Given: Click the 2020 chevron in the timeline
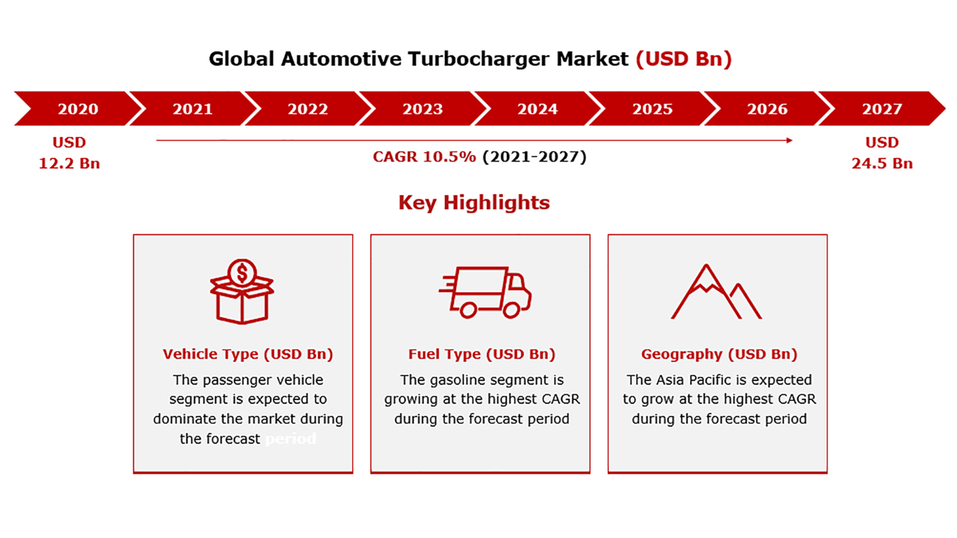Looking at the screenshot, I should pyautogui.click(x=77, y=108).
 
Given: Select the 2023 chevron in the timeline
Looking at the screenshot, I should pyautogui.click(x=422, y=108).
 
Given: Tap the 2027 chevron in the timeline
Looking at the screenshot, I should pyautogui.click(x=881, y=108).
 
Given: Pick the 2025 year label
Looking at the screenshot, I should pyautogui.click(x=652, y=109).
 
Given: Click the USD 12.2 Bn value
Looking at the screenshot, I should pyautogui.click(x=69, y=153).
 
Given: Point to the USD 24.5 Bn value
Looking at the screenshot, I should pyautogui.click(x=882, y=153).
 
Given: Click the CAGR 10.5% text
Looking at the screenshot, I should pyautogui.click(x=424, y=157).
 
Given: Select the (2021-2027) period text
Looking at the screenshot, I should pyautogui.click(x=535, y=157).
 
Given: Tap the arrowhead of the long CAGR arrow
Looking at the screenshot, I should pyautogui.click(x=789, y=140).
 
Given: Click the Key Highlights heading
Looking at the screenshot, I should pyautogui.click(x=474, y=203).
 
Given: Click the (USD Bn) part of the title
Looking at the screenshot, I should pyautogui.click(x=684, y=59).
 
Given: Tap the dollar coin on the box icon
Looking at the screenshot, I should pyautogui.click(x=242, y=273).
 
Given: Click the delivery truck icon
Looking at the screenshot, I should pyautogui.click(x=486, y=292).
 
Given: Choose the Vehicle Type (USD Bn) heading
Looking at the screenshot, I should pyautogui.click(x=248, y=354).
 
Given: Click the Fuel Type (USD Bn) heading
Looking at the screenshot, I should pyautogui.click(x=482, y=354).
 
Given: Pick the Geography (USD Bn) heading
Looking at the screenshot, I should pyautogui.click(x=719, y=354).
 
